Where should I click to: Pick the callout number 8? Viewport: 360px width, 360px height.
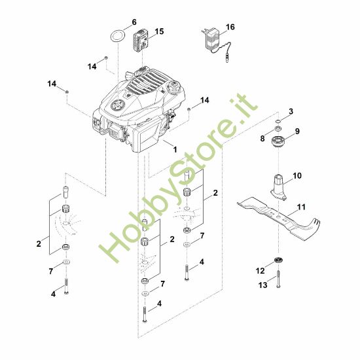262,138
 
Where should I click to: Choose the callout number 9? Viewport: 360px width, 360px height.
297,131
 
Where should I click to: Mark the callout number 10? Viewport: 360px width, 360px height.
297,176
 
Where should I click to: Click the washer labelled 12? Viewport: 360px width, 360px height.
278,261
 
